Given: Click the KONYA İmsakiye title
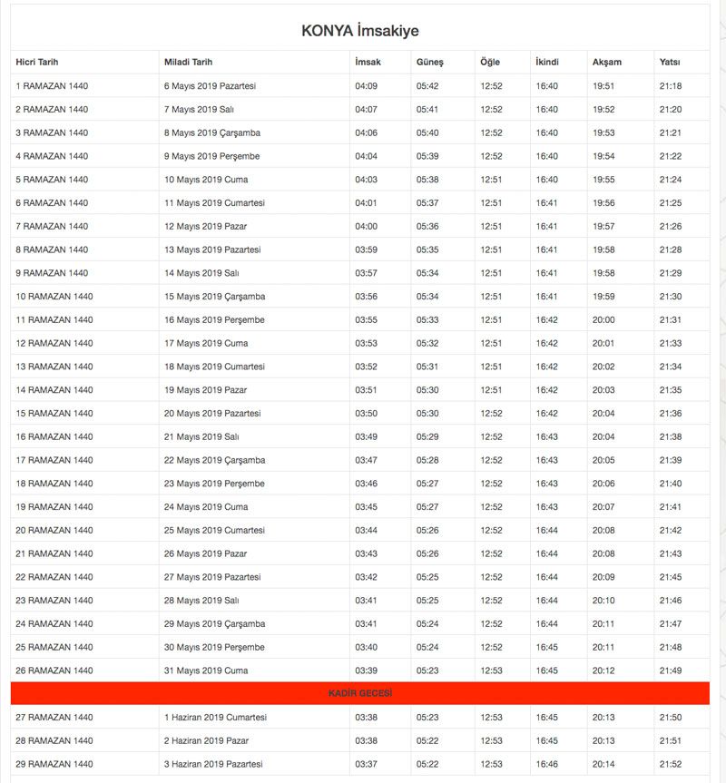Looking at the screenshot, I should (360, 31).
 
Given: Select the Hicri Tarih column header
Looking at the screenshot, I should (36, 63).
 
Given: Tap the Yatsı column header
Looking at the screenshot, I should (670, 63).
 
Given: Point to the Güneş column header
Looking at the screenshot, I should (429, 63).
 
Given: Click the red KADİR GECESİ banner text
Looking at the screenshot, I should (360, 694).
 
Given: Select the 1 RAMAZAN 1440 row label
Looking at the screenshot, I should (52, 86).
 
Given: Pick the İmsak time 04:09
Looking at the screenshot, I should (366, 86).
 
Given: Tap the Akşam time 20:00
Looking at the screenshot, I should (603, 320).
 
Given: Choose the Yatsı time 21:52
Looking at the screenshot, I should (671, 765).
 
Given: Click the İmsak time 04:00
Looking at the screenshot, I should (366, 227).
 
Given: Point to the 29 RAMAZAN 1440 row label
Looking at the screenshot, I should (54, 765).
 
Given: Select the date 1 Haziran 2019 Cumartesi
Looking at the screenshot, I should (215, 718).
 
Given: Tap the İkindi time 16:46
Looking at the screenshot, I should (547, 765).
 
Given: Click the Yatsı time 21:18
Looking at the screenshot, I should (671, 86).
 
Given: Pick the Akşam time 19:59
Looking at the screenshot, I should (603, 297).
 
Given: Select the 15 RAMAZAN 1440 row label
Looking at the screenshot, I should (54, 414).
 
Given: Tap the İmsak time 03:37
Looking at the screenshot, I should (366, 765).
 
